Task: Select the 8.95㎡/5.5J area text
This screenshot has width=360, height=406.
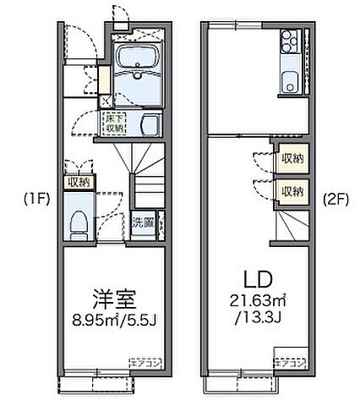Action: (x=112, y=319)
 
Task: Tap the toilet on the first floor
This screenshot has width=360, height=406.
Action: (x=78, y=222)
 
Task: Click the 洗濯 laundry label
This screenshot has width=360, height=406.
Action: (x=142, y=224)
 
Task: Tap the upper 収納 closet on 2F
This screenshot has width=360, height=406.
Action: (x=292, y=159)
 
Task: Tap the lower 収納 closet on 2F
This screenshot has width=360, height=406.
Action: (x=292, y=191)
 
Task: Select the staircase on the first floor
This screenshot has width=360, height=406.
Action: (x=144, y=173)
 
